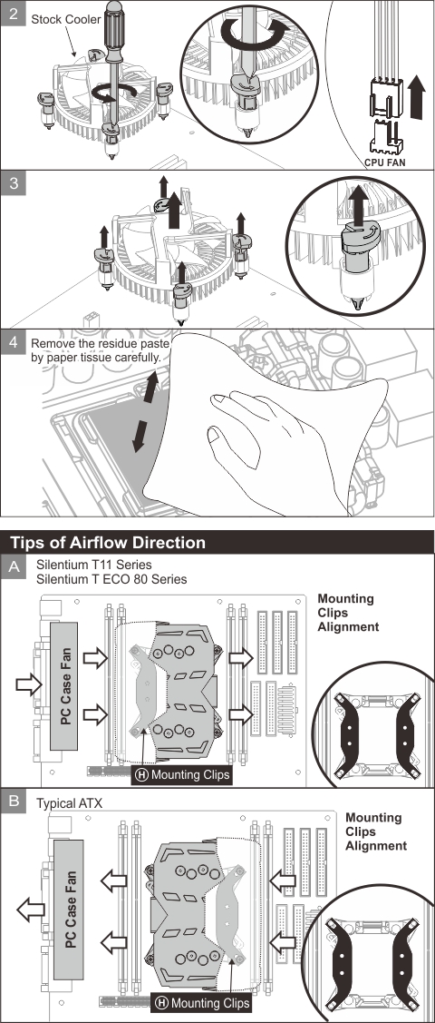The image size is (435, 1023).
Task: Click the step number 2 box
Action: click(13, 13)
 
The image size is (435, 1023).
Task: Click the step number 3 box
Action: click(13, 184)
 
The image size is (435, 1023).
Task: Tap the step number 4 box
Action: click(13, 342)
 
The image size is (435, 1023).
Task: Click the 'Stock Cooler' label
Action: click(66, 20)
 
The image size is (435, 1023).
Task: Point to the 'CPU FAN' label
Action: click(385, 162)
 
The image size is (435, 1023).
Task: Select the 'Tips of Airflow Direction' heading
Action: click(108, 542)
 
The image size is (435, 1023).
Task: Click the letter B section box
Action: click(13, 802)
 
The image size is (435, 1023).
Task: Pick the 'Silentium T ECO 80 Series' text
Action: click(111, 579)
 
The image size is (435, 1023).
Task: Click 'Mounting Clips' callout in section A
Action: click(181, 775)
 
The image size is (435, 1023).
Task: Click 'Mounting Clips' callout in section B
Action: click(201, 1003)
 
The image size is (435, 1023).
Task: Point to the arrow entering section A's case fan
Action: click(29, 684)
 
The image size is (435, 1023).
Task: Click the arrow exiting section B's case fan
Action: click(31, 910)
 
